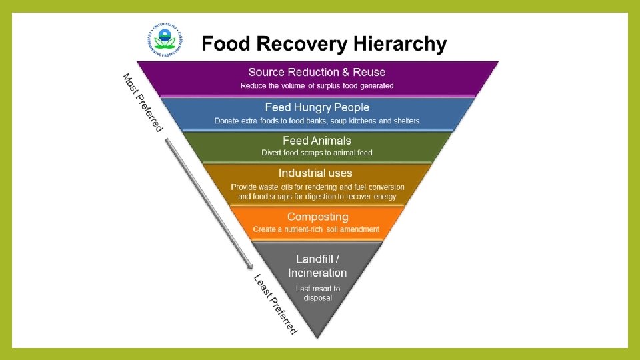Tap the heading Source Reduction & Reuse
317,72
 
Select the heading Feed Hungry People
317,107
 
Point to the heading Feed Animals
317,141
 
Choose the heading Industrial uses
317,173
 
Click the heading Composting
317,217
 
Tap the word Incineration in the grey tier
317,273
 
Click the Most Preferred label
142,101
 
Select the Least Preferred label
275,304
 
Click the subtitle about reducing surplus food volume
317,85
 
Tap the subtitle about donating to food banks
317,121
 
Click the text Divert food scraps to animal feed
317,153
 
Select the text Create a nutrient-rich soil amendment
317,229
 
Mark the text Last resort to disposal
317,293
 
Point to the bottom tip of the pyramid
317,335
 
